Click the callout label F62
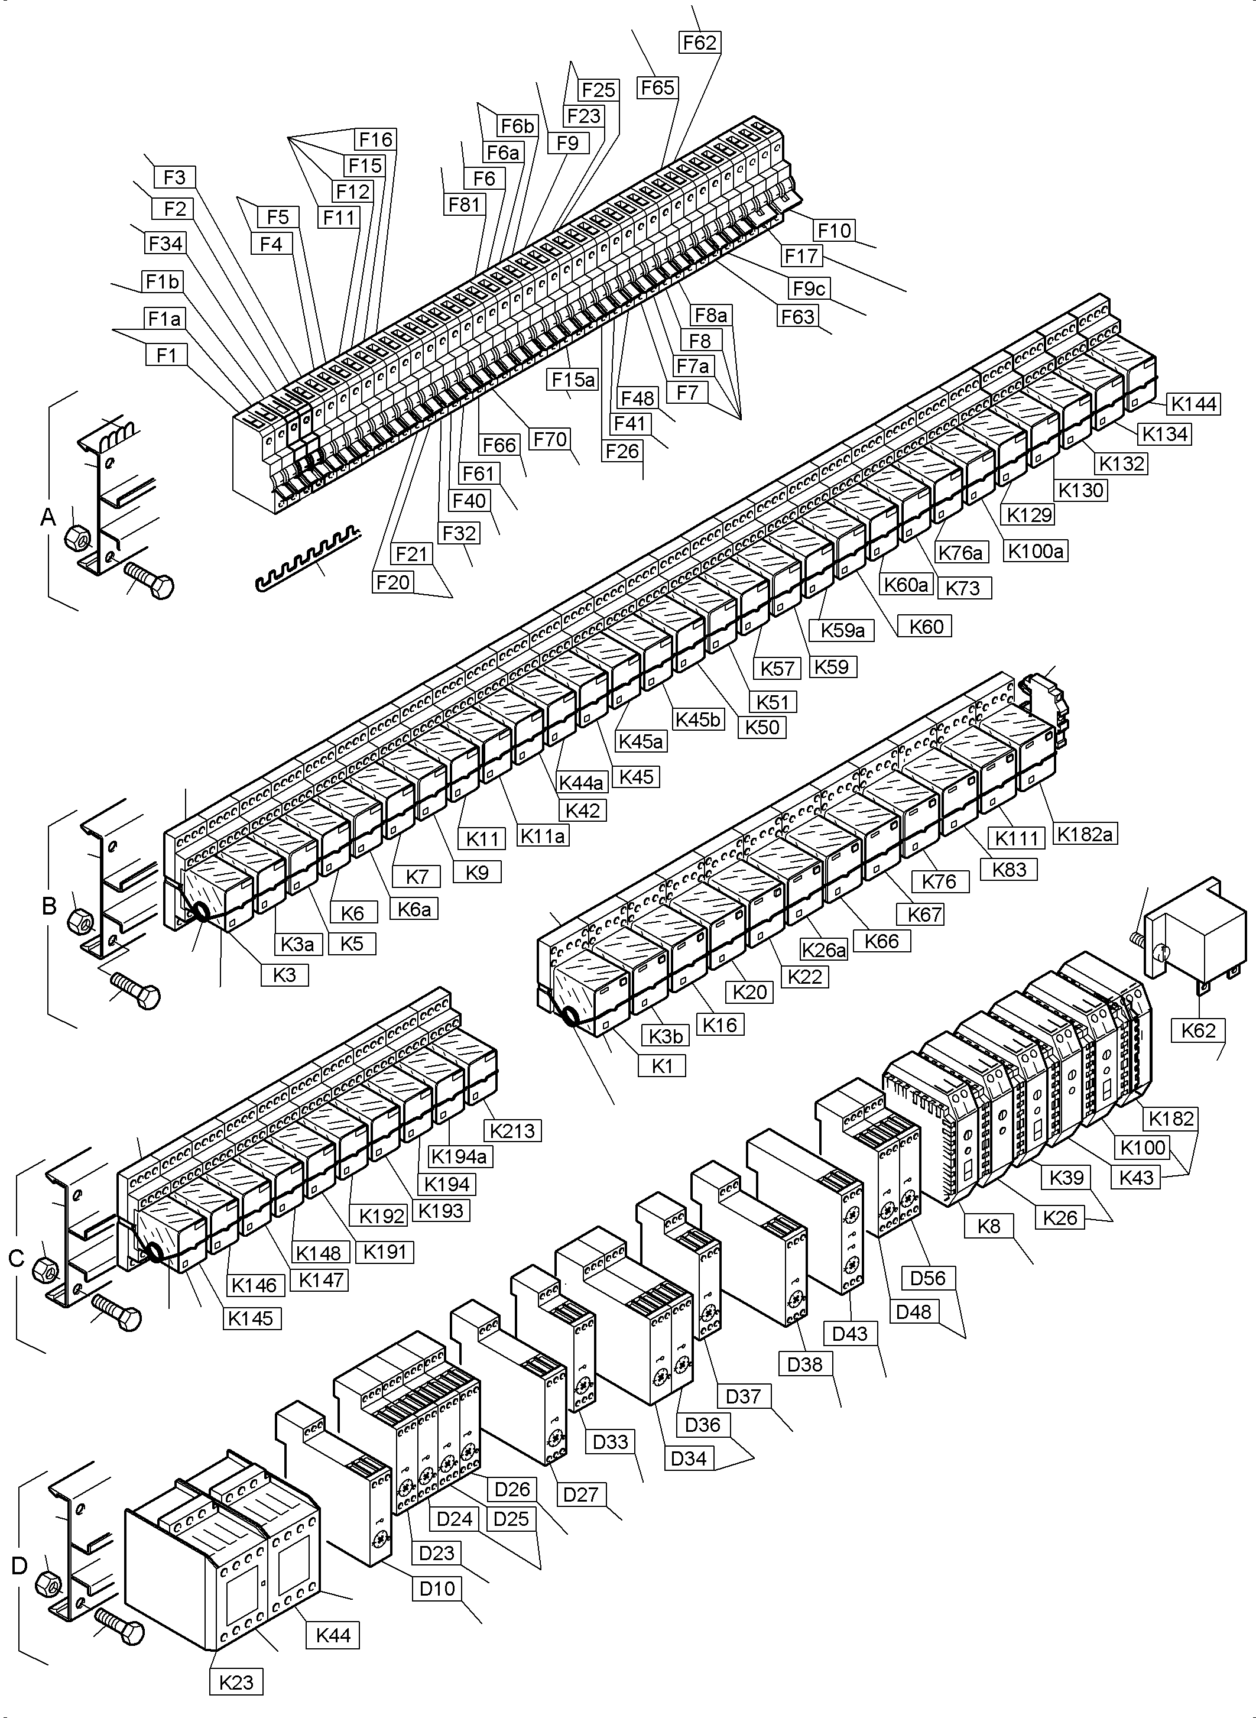point(699,43)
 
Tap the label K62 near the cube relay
point(1198,1030)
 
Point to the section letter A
point(48,518)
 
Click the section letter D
point(19,1565)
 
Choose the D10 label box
point(437,1588)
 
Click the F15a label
point(573,379)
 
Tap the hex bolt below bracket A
point(149,584)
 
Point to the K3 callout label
point(284,975)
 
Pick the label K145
point(251,1318)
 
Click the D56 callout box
point(927,1278)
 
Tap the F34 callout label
point(165,244)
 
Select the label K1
point(662,1067)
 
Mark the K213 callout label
point(512,1131)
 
